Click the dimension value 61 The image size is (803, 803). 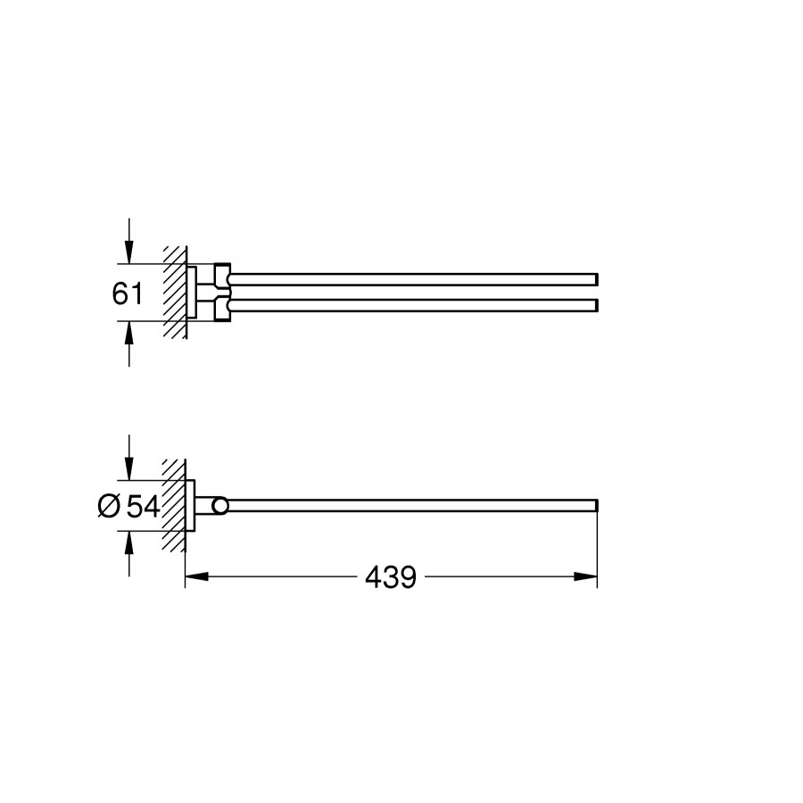pyautogui.click(x=128, y=294)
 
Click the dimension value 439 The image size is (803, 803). pyautogui.click(x=391, y=577)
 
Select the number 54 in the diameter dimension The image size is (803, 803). pyautogui.click(x=143, y=507)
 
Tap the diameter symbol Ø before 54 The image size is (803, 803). pyautogui.click(x=109, y=507)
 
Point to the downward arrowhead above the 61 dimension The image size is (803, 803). pyautogui.click(x=129, y=252)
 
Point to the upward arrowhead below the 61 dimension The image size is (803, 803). pyautogui.click(x=129, y=334)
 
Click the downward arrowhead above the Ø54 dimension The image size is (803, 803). pyautogui.click(x=129, y=469)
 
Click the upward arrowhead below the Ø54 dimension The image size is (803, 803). pyautogui.click(x=129, y=543)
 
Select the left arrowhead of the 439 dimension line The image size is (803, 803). pyautogui.click(x=196, y=576)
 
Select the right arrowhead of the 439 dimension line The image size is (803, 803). pyautogui.click(x=585, y=576)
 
